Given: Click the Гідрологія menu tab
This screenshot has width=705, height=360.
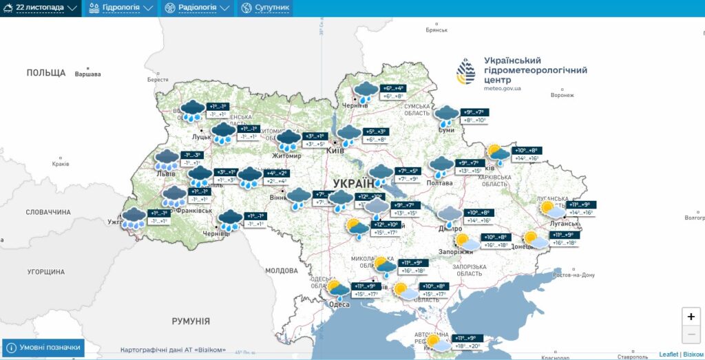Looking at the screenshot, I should click(x=120, y=8).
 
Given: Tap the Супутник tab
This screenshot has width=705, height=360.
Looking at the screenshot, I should click(x=265, y=8).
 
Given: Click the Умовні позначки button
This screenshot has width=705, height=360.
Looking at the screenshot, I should click(x=43, y=348).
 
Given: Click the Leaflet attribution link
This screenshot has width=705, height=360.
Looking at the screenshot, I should click(x=669, y=354).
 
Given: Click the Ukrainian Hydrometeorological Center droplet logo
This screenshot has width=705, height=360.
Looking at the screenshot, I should click(x=466, y=71).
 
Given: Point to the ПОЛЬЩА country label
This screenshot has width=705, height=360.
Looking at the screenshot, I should click(x=46, y=72).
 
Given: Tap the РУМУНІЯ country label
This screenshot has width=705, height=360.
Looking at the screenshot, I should click(x=191, y=321).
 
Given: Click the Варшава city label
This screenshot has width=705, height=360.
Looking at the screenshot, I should click(x=87, y=74).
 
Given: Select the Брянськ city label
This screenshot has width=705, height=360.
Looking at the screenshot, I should click(x=436, y=30).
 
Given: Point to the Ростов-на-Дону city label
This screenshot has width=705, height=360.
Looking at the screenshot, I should click(x=574, y=275).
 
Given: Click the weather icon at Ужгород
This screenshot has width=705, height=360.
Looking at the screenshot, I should click(x=134, y=218).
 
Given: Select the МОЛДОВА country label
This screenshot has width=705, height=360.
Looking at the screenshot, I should click(x=281, y=271).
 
